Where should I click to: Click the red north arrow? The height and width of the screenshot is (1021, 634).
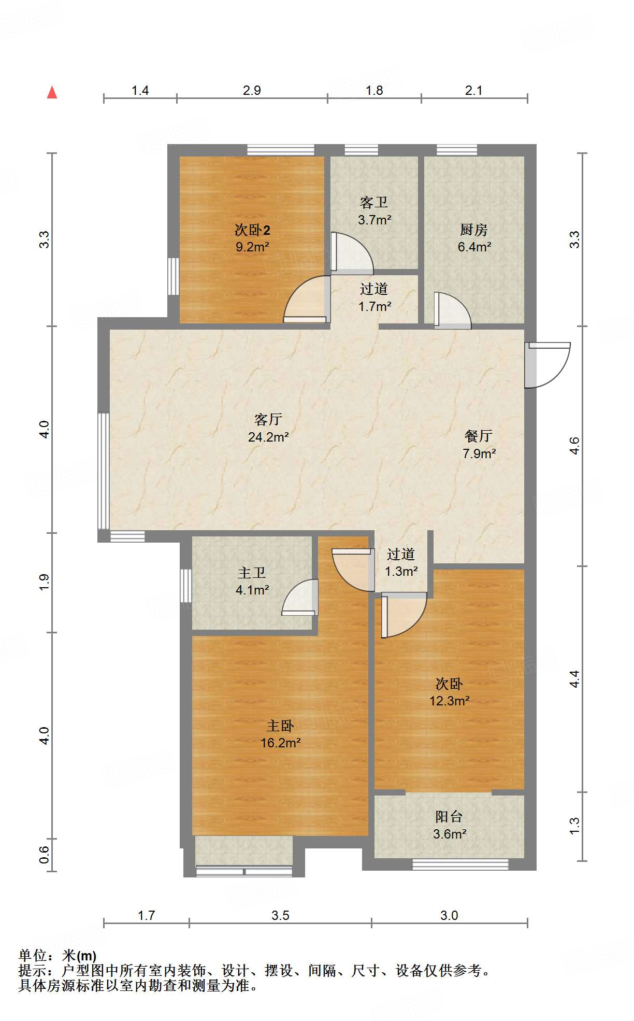click(x=52, y=92)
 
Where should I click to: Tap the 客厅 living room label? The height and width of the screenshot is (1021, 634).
click(x=268, y=419)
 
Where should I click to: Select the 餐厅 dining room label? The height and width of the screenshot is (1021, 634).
click(x=478, y=436)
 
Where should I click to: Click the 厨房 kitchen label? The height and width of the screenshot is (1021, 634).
click(x=474, y=229)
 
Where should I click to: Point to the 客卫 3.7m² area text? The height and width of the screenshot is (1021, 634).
click(x=374, y=220)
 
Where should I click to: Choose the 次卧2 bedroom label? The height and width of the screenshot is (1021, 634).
click(x=252, y=229)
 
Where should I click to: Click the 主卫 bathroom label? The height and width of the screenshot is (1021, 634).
click(x=252, y=572)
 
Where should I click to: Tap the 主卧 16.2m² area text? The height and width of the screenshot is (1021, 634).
click(x=280, y=743)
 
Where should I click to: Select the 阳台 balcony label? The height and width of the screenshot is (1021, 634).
click(x=449, y=817)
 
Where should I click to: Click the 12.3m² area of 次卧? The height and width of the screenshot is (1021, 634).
click(x=449, y=701)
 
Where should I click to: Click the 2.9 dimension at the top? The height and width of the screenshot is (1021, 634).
click(x=252, y=90)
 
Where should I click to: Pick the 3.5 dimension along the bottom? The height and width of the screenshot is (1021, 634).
click(x=280, y=915)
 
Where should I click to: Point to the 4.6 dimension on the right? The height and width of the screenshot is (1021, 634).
click(x=574, y=446)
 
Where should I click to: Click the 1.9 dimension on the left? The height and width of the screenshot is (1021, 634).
click(x=45, y=582)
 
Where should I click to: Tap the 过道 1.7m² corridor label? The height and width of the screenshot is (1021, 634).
click(x=374, y=297)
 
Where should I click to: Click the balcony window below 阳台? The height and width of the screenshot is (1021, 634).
click(x=460, y=864)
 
